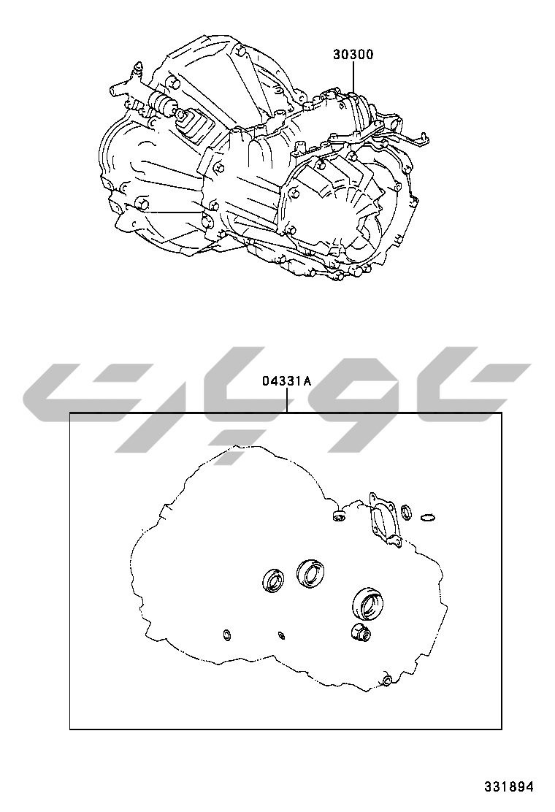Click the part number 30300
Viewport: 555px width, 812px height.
353,54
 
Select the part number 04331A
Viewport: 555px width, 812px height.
286,382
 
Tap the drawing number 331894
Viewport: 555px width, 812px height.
508,786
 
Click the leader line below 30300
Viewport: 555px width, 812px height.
353,77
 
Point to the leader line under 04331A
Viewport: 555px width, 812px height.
286,401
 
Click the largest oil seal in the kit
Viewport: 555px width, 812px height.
367,602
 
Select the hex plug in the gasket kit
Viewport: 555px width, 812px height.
359,633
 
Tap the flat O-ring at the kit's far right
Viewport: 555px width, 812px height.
429,516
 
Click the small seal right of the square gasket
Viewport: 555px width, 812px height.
407,512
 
